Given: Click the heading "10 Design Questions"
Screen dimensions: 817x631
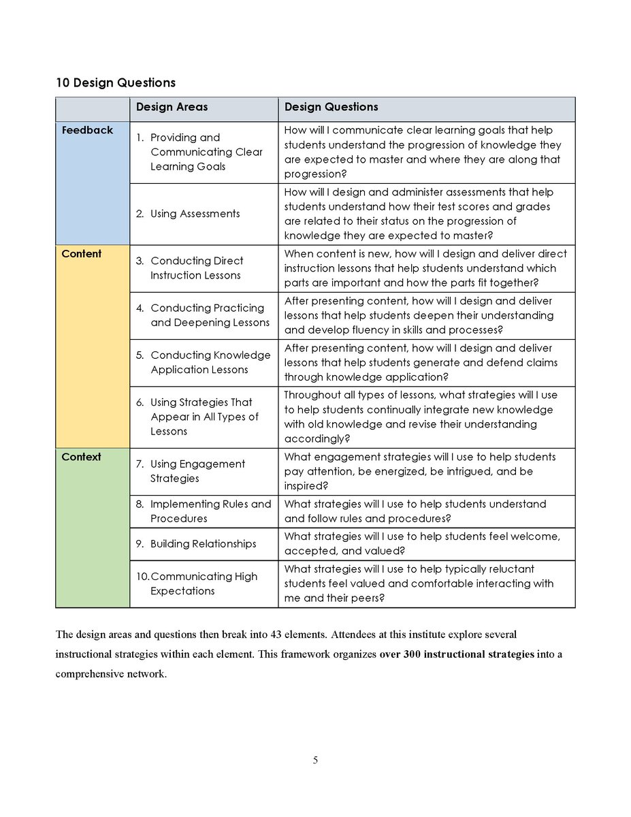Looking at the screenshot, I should [x=115, y=82].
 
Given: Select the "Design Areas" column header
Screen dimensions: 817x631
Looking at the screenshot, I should [x=172, y=107].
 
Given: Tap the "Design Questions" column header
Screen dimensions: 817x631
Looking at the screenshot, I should [x=331, y=107].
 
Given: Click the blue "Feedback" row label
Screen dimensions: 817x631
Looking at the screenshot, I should [x=87, y=130].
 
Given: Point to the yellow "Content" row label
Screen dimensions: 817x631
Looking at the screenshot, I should [x=81, y=254].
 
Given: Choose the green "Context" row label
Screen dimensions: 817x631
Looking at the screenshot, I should [x=81, y=457].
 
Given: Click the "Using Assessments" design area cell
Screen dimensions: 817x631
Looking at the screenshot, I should [x=195, y=214].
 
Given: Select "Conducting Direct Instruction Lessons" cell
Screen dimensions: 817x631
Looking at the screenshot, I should [x=196, y=268].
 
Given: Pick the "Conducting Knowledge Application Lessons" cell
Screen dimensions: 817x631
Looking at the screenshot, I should [x=210, y=362].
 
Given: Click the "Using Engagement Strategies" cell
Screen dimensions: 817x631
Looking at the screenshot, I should [x=197, y=471].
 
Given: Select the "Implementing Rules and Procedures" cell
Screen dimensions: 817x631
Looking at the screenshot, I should [x=210, y=511].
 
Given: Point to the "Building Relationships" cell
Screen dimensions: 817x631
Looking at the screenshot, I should [x=203, y=544].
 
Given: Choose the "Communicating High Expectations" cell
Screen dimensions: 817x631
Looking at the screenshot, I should [x=203, y=584].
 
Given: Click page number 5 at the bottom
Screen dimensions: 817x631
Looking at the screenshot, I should [x=315, y=760].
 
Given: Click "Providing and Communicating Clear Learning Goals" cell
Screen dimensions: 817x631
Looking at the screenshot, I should [x=206, y=152].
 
